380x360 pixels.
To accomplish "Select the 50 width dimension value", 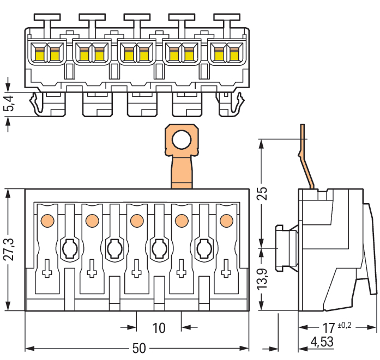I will click(140, 349).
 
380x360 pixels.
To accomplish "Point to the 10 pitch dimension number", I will click(159, 328).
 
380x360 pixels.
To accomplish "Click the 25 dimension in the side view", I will click(263, 194).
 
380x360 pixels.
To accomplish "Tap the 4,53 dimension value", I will click(322, 343).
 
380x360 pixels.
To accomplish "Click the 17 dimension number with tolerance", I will click(328, 328).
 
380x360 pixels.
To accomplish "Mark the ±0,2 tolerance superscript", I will click(345, 325).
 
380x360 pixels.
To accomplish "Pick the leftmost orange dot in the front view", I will click(47, 221).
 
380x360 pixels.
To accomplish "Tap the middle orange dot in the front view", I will click(136, 221).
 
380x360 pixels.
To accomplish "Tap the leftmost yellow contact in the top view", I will click(39, 53).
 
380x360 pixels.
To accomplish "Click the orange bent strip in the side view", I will click(307, 158).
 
